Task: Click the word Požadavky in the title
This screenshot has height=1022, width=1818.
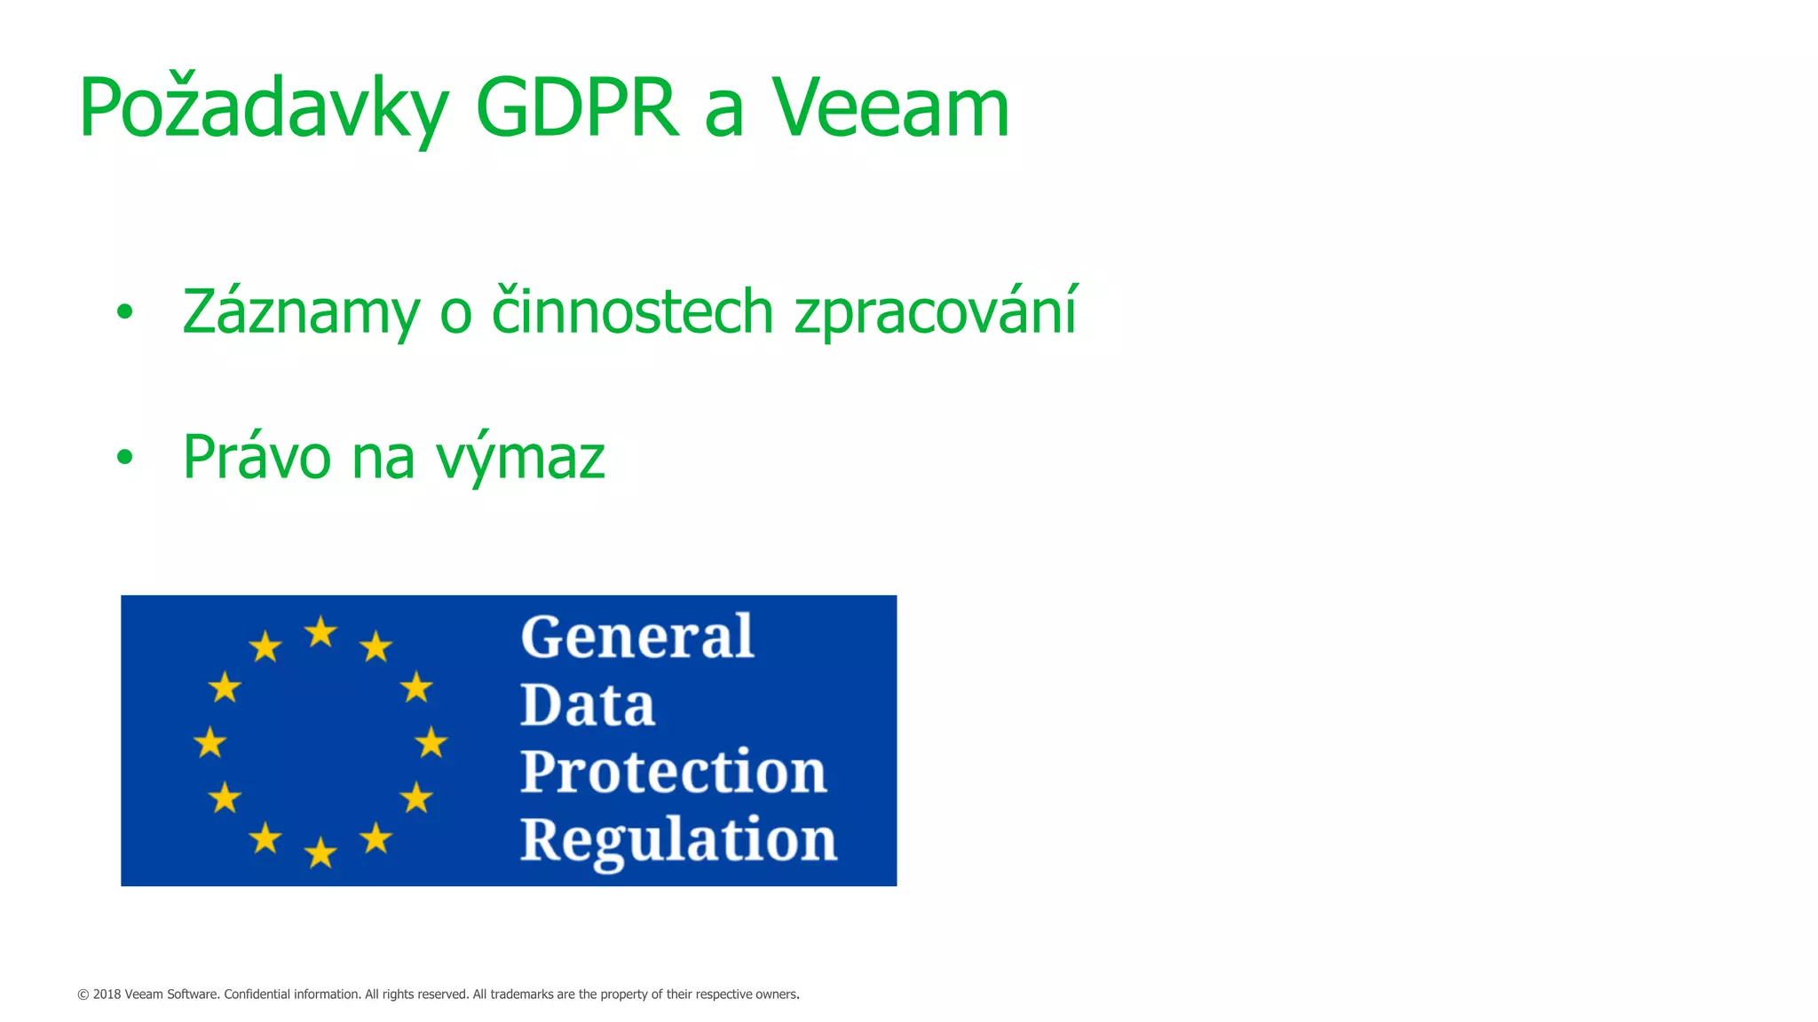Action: point(264,108)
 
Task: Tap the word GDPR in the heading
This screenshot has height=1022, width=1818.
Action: point(578,108)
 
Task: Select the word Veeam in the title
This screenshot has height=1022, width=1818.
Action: point(890,108)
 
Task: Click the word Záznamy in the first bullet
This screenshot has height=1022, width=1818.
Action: point(301,312)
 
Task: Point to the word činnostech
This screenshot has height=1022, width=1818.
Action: point(632,312)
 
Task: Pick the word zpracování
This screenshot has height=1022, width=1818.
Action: point(936,312)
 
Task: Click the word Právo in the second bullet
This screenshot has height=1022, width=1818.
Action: point(257,458)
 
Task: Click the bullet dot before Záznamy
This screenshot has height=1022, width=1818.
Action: point(124,312)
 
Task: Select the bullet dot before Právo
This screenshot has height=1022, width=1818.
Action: point(124,458)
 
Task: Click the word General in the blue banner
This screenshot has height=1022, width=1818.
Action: point(637,638)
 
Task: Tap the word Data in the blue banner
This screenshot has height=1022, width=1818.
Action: point(588,706)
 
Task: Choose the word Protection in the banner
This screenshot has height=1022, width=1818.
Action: point(674,772)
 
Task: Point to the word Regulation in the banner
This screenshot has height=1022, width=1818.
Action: point(678,839)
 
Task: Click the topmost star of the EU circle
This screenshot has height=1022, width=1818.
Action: point(320,633)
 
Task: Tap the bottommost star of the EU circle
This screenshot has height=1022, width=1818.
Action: point(320,853)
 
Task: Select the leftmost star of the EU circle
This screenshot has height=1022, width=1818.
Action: point(210,743)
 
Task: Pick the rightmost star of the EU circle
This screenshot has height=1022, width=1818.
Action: point(431,743)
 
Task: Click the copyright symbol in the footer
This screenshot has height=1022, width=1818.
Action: point(83,994)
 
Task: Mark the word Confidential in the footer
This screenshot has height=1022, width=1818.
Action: point(257,994)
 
